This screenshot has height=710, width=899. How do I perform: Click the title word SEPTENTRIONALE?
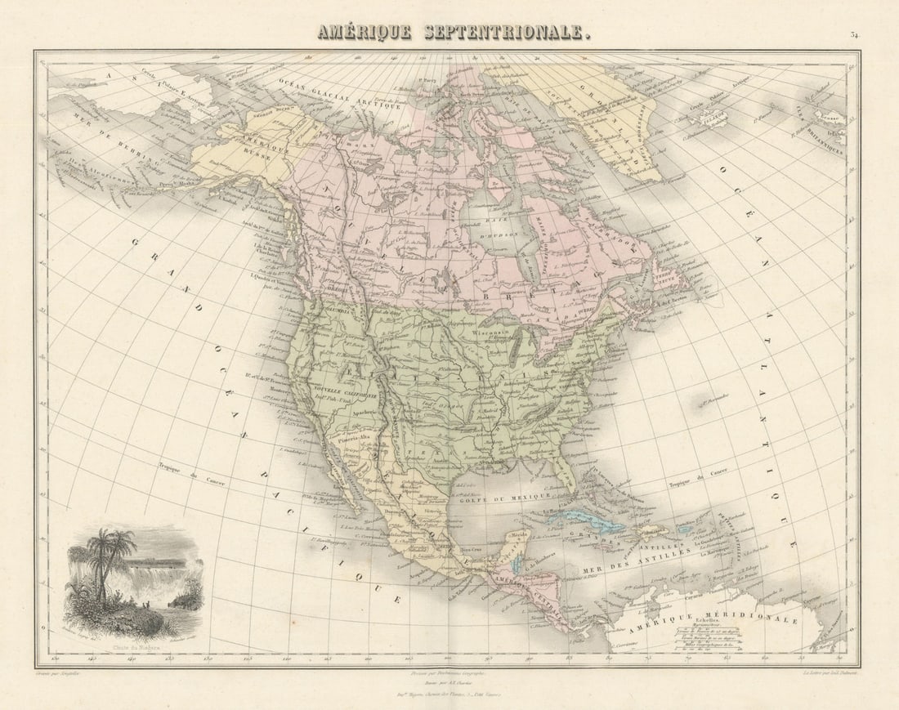click(506, 33)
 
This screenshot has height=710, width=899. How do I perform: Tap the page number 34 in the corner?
click(854, 35)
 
